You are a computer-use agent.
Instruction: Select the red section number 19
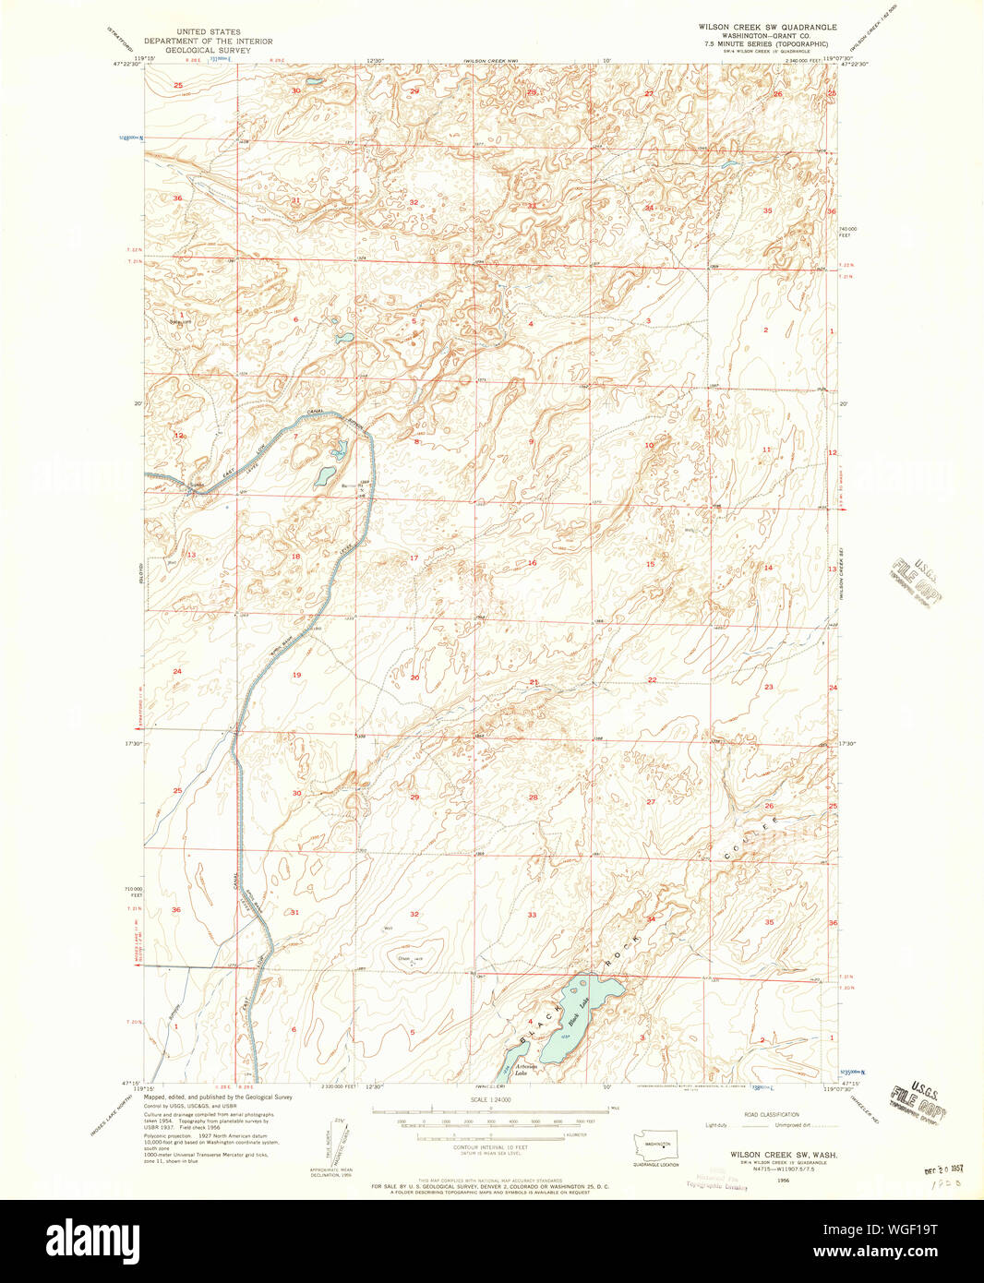[x=296, y=676]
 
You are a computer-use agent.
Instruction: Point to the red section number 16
[x=532, y=563]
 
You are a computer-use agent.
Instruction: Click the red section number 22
[x=652, y=680]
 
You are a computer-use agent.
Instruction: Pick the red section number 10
[x=649, y=445]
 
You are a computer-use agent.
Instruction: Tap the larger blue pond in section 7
[x=325, y=476]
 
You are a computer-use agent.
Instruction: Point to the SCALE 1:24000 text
[x=491, y=1100]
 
